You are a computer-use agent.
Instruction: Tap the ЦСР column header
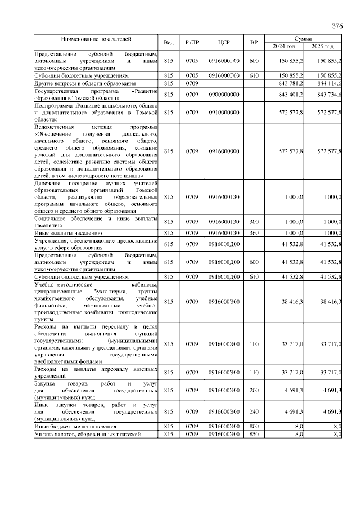point(224,42)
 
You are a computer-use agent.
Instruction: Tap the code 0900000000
point(224,94)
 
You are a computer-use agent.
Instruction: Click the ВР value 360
point(254,232)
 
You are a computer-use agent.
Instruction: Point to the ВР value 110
point(254,372)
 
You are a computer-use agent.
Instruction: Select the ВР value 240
point(254,411)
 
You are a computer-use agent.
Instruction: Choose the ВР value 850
point(254,435)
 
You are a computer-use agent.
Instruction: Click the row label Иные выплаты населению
point(68,232)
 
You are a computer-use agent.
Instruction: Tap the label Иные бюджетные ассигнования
point(75,427)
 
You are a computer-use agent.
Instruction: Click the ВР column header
point(254,42)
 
